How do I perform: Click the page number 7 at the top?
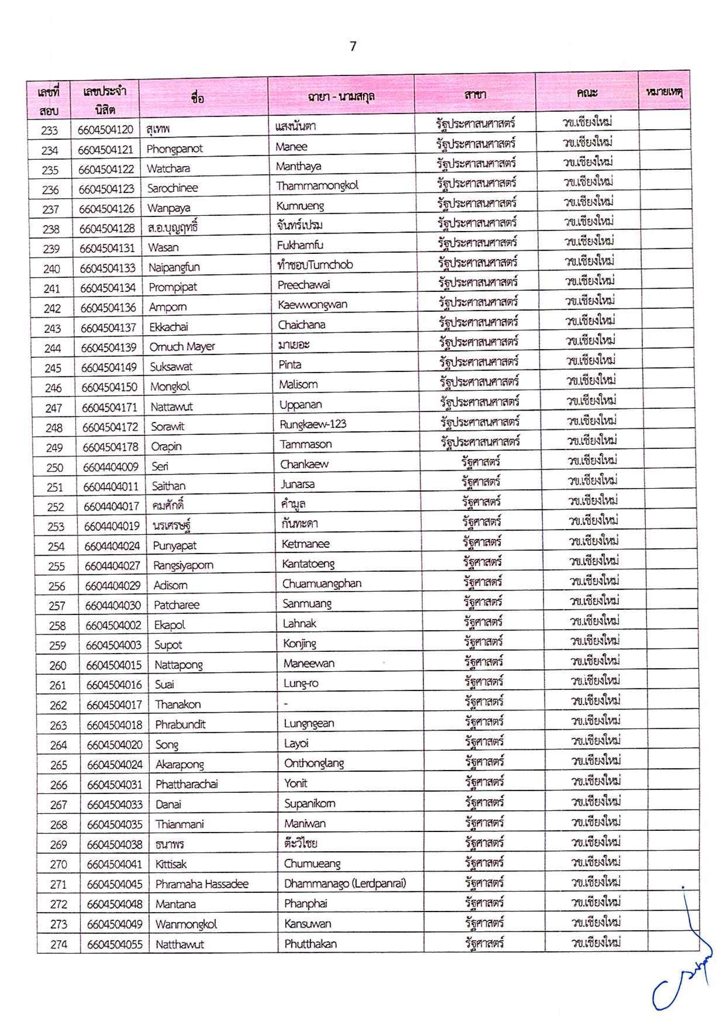pos(353,46)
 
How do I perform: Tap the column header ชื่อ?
pos(197,97)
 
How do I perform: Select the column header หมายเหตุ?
pos(664,93)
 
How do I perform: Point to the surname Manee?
pos(291,147)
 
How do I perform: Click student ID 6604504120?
pos(105,129)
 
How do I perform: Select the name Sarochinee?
pos(172,188)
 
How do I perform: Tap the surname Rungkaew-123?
pos(313,424)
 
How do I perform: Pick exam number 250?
pos(55,467)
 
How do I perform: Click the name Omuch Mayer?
pos(182,346)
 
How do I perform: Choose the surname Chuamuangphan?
pos(321,583)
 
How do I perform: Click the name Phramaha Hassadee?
pos(202,884)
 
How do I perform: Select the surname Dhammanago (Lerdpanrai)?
pos(345,883)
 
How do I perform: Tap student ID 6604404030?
pos(113,605)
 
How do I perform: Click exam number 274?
pos(58,944)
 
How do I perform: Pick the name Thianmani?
pos(179,824)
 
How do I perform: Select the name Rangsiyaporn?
pos(183,565)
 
